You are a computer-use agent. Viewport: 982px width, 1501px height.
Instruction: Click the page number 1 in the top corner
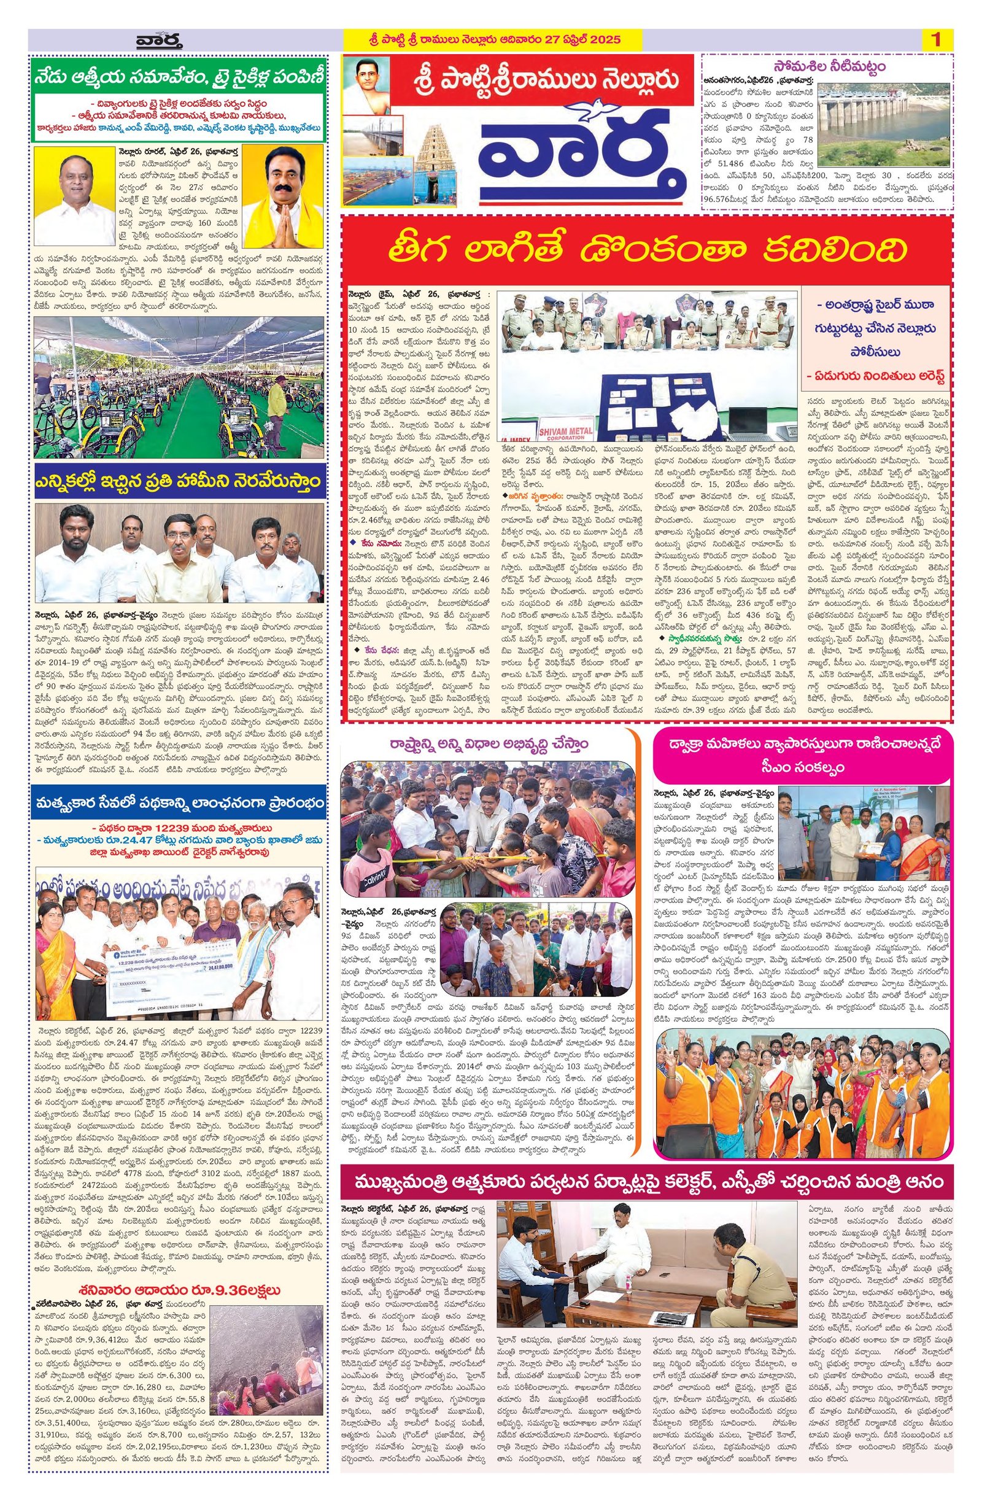935,40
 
